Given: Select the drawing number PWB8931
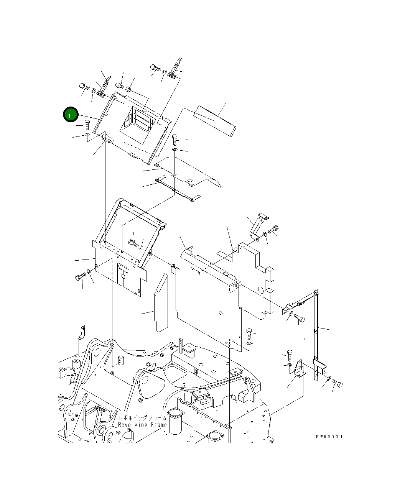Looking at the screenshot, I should pos(329,436).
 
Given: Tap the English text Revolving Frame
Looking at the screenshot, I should pos(142,425).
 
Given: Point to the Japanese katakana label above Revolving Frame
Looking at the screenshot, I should pos(142,418).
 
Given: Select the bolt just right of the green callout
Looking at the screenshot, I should pos(86,125).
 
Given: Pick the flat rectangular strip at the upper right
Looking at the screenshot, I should pos(215,120).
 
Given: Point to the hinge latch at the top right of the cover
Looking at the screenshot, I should pos(176,69).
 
